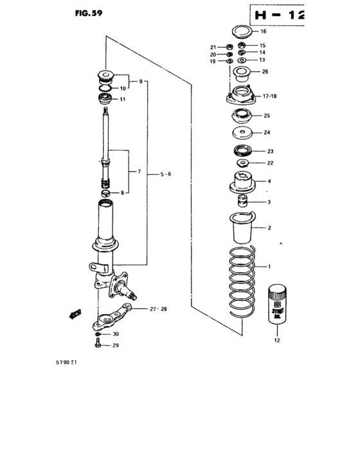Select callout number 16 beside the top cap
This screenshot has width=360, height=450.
coord(262,31)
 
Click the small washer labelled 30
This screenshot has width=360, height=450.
coord(97,335)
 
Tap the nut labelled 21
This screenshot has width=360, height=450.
coord(228,47)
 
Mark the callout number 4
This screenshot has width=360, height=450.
coord(269,181)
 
